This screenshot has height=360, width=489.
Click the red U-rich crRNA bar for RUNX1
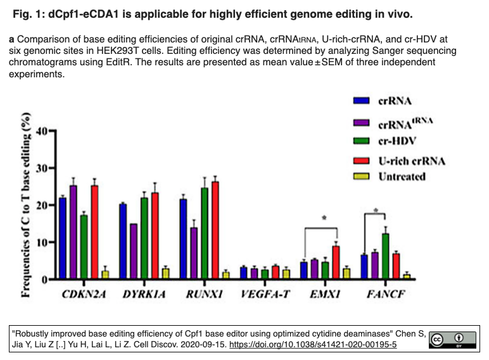(x=215, y=230)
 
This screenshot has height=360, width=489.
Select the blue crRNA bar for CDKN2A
(x=63, y=238)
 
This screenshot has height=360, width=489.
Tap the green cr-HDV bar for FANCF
(x=386, y=256)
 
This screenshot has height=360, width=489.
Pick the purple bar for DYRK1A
(x=134, y=251)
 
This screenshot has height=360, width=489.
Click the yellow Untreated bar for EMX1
(x=346, y=273)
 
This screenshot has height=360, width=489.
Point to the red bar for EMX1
(x=336, y=262)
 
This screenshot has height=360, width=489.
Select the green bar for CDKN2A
(x=84, y=247)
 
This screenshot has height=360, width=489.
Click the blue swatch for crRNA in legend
(x=361, y=100)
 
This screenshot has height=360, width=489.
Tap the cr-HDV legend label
(x=397, y=141)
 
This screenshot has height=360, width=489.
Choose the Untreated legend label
(x=402, y=177)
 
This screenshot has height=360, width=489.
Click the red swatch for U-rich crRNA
(x=361, y=160)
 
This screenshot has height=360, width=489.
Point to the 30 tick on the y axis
(x=53, y=168)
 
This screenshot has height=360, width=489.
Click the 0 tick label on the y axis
(x=44, y=280)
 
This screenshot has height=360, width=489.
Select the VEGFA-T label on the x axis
(x=265, y=294)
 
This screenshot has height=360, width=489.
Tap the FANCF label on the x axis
(x=386, y=294)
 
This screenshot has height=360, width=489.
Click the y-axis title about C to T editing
(x=25, y=205)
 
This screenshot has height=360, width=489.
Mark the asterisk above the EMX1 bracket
(x=324, y=218)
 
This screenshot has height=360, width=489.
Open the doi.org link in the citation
(x=313, y=344)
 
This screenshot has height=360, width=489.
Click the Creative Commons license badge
(x=452, y=340)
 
